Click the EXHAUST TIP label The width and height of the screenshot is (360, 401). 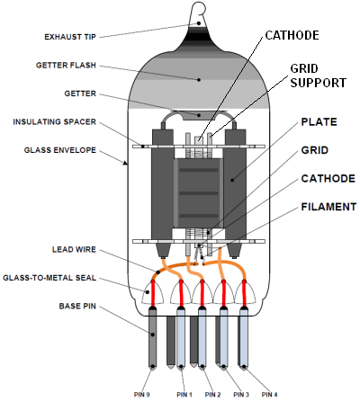(70, 37)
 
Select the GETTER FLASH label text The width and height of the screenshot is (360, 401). (66, 66)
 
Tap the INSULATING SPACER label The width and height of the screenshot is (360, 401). (54, 122)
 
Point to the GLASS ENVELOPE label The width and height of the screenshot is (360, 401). (60, 150)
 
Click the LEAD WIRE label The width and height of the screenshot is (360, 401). (74, 250)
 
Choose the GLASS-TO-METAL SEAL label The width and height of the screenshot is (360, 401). (49, 278)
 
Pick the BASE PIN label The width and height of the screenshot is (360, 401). (77, 307)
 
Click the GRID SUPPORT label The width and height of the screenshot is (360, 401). (319, 76)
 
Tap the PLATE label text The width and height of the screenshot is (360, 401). (319, 122)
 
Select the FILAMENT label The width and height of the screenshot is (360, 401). (328, 207)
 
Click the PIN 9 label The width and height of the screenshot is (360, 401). (142, 395)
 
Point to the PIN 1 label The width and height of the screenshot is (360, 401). (184, 395)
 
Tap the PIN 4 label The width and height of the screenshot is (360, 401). (269, 395)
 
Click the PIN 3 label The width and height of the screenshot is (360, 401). (241, 395)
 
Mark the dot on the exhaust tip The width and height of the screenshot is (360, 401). (199, 23)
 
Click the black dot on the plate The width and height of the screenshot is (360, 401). (232, 180)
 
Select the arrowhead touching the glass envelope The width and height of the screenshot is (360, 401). (126, 163)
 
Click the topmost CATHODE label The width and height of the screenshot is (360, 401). (292, 35)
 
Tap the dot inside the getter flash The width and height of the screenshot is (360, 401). (199, 80)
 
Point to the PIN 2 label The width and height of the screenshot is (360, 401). (212, 395)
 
